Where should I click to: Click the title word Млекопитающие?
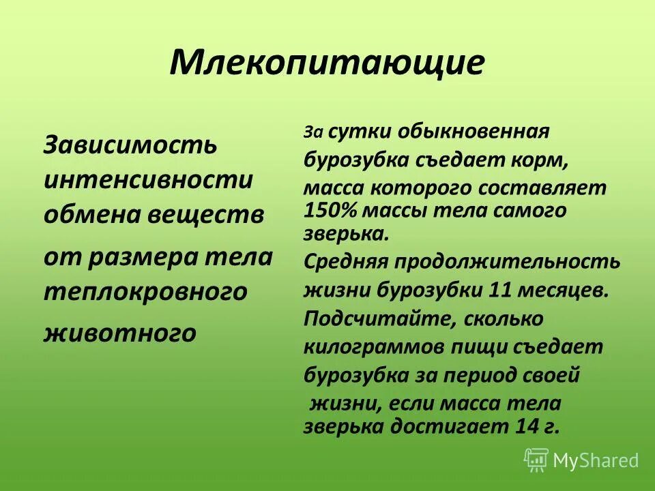[327, 63]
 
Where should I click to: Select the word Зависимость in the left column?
[131, 145]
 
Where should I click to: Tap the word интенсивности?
[148, 181]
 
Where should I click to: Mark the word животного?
[120, 333]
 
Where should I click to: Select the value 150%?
[329, 210]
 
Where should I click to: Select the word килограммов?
[373, 346]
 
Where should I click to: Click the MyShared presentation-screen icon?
[536, 461]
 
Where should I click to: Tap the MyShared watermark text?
[596, 461]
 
